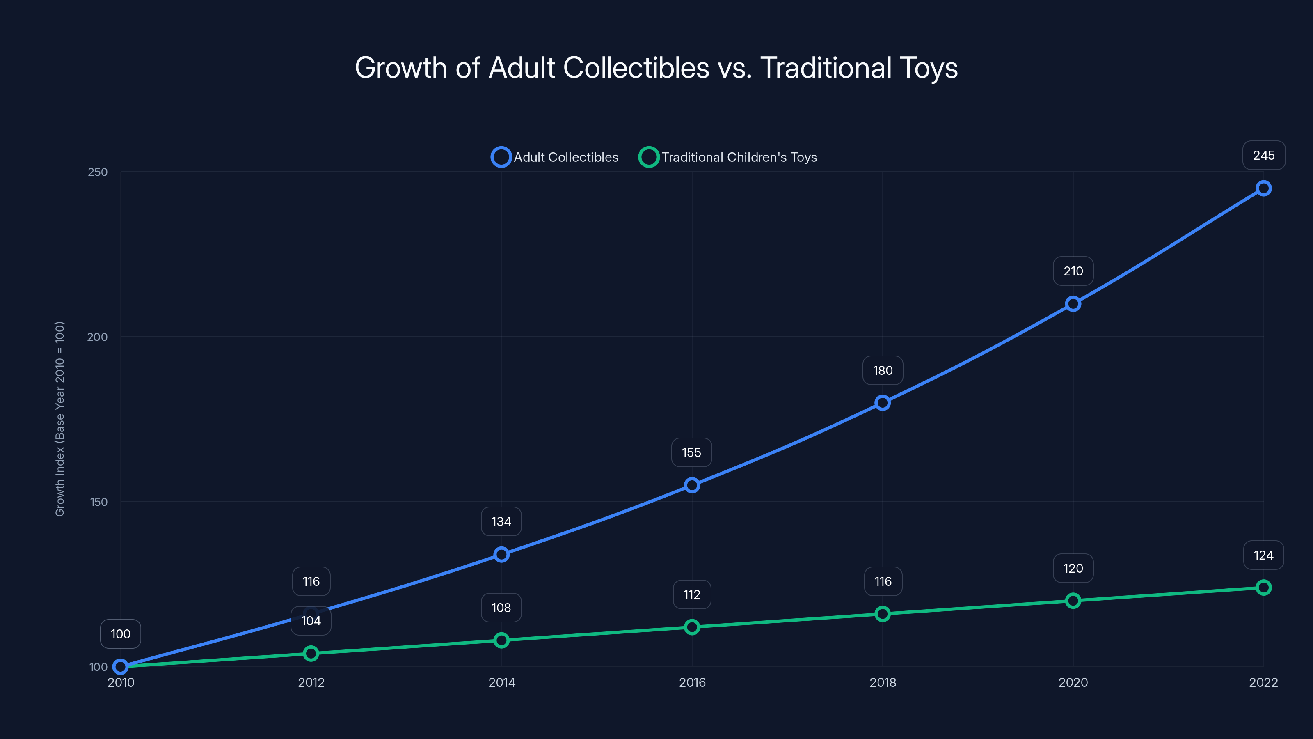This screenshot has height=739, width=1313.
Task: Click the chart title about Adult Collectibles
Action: point(656,68)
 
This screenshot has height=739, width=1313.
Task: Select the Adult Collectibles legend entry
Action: point(555,157)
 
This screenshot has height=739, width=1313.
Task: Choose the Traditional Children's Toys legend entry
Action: point(728,157)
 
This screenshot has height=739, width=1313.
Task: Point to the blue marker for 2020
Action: point(1073,304)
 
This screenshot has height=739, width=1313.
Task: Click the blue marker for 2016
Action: point(692,485)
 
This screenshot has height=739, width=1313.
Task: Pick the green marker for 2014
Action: point(501,640)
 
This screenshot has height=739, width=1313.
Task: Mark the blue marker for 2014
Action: point(501,554)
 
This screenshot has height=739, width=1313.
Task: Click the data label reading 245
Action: point(1264,156)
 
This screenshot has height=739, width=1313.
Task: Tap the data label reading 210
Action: point(1073,271)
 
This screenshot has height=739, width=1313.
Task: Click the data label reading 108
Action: point(501,608)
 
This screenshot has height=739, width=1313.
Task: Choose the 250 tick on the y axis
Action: point(98,172)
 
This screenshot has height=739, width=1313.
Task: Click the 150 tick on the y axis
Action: point(99,502)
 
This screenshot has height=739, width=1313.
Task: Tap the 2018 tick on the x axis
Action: point(882,682)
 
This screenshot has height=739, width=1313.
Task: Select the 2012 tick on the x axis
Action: point(311,682)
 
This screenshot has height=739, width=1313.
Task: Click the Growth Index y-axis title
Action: point(59,419)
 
